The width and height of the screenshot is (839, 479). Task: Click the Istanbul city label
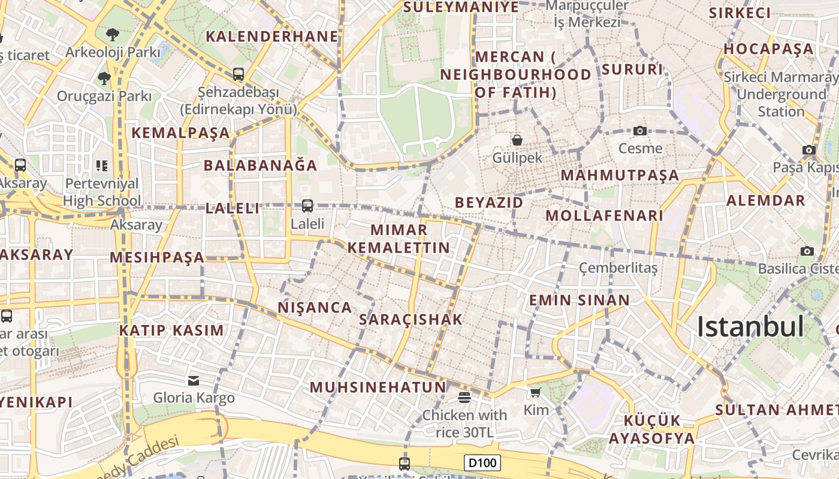750,327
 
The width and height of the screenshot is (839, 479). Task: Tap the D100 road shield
482,463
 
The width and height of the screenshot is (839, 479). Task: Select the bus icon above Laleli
307,206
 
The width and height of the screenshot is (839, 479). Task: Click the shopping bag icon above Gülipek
517,140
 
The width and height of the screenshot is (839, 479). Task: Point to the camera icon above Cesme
640,131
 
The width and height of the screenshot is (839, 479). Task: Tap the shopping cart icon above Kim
535,393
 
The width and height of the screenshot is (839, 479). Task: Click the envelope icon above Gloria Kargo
193,381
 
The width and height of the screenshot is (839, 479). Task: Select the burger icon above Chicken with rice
464,397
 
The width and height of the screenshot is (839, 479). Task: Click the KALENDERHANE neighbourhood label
272,37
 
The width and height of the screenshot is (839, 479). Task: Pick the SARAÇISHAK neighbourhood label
411,320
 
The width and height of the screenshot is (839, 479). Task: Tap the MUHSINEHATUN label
378,387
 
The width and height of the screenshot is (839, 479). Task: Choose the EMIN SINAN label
579,301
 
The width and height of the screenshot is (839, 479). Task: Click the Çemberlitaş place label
618,268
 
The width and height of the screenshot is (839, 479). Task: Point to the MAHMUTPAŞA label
620,175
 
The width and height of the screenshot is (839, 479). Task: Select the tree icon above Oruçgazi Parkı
104,78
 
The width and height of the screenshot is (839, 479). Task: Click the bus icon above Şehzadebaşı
239,74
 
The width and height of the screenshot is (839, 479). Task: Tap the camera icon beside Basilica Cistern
807,251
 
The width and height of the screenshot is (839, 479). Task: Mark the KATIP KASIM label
171,331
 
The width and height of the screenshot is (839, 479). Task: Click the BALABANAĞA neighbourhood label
260,166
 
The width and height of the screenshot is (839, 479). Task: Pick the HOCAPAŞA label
768,49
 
